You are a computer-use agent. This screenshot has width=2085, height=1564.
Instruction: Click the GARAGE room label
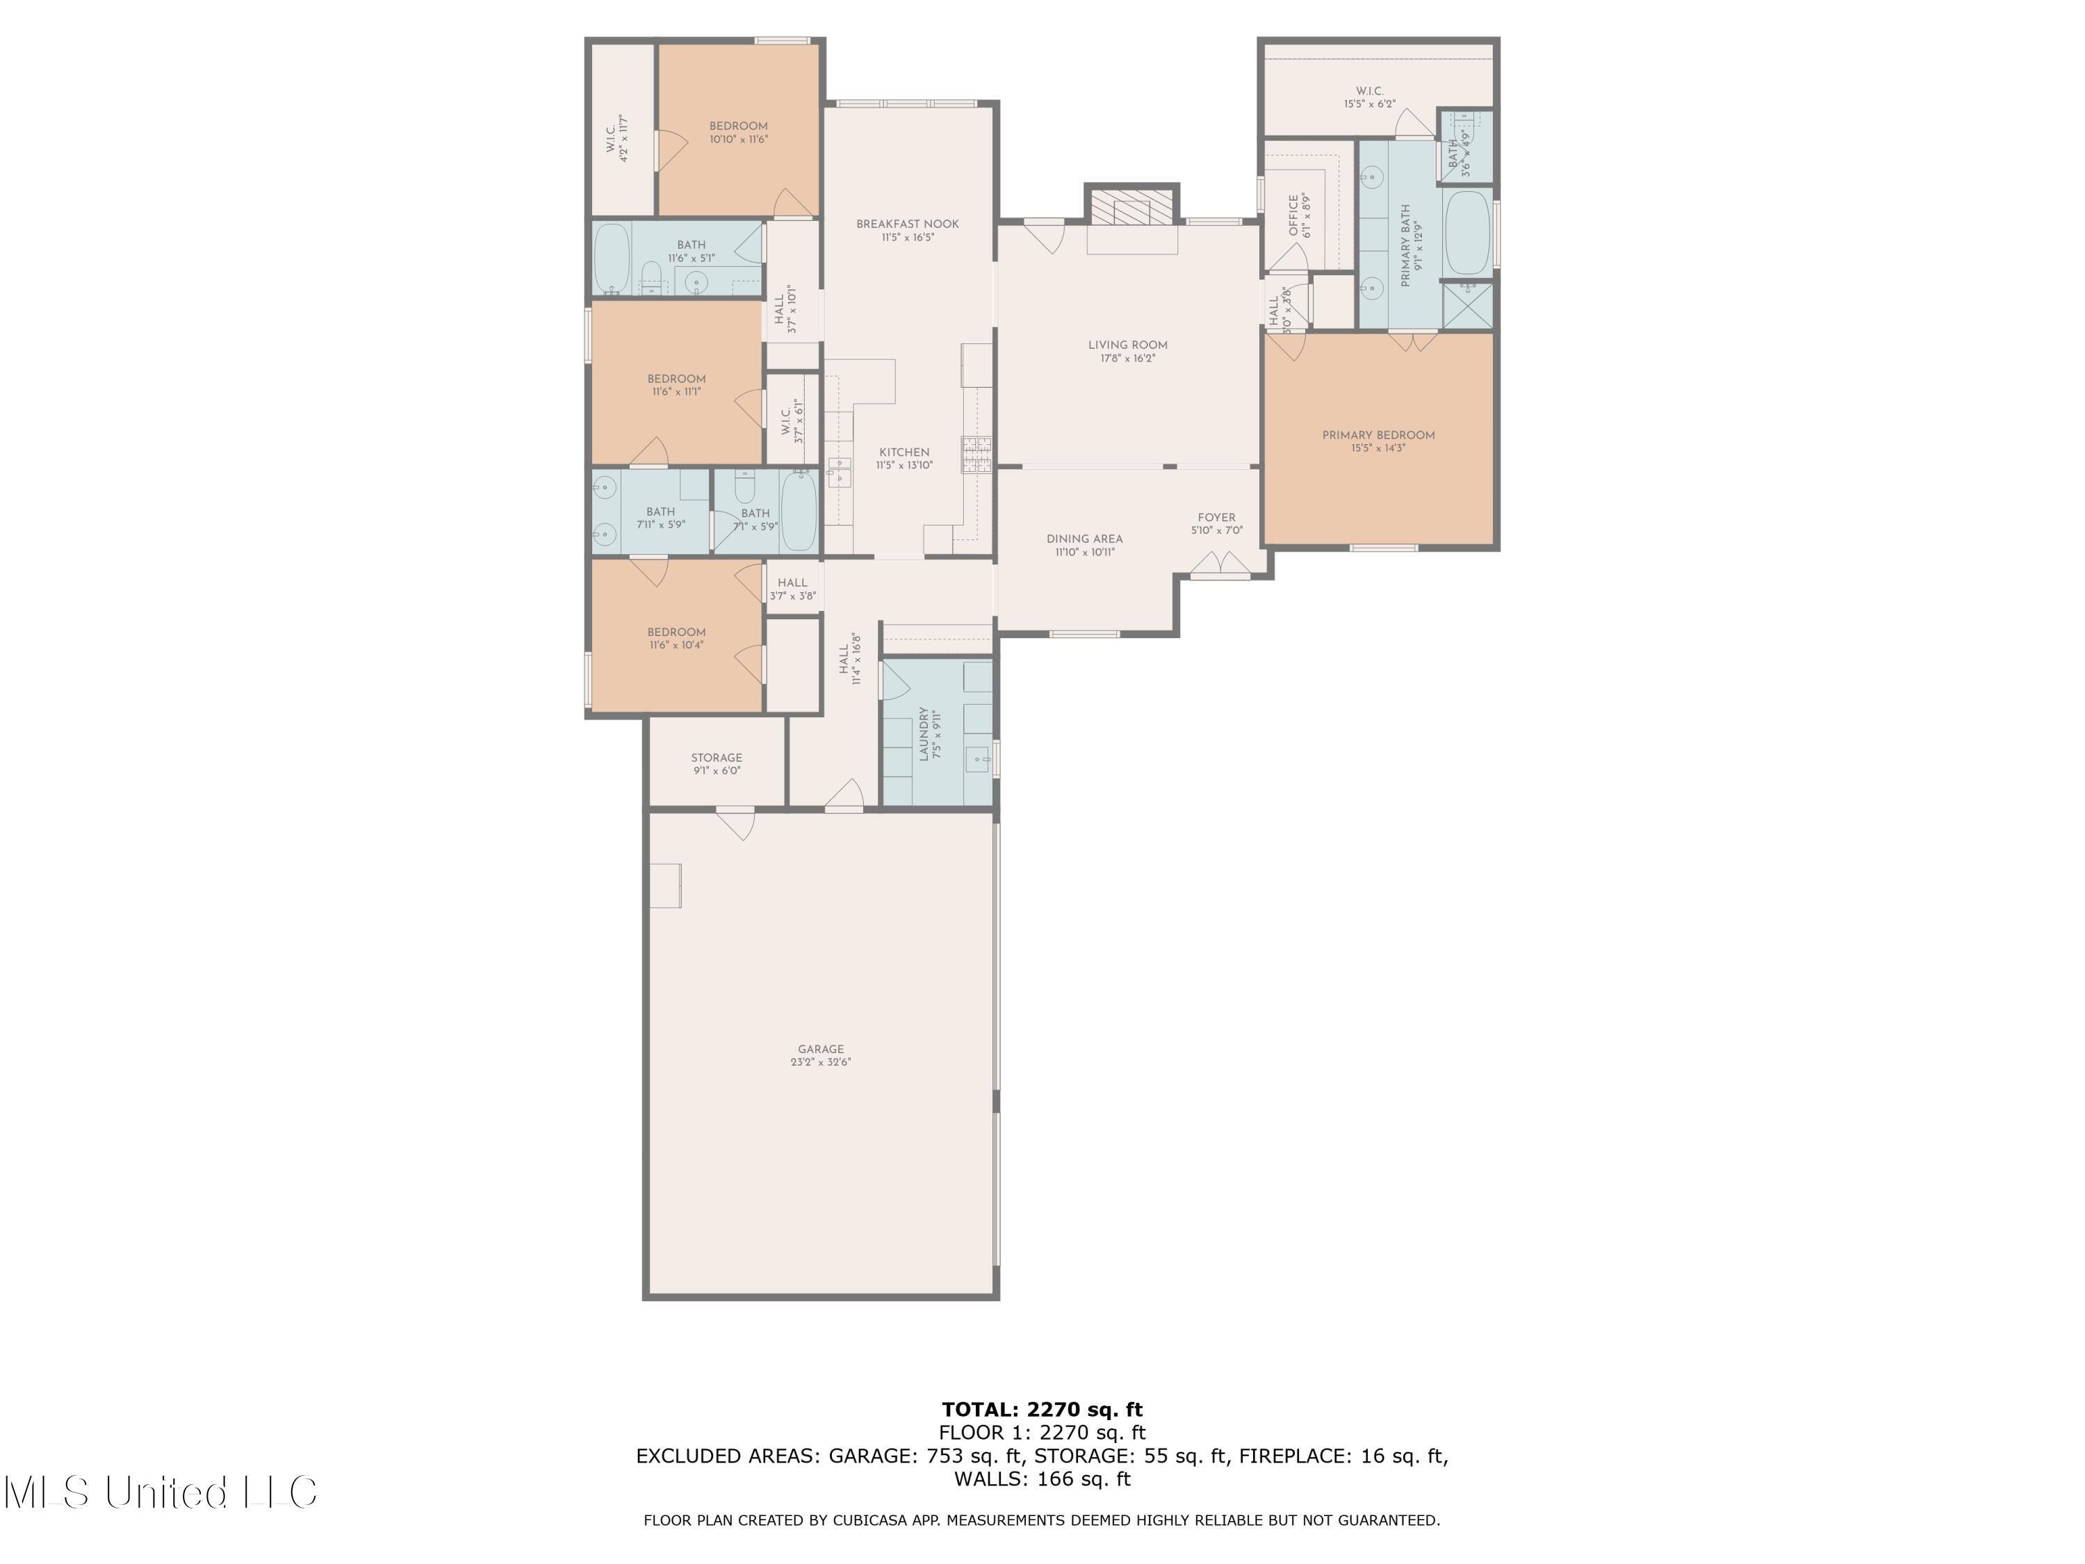(820, 1048)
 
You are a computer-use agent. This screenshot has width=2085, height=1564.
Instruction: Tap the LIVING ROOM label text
(1127, 345)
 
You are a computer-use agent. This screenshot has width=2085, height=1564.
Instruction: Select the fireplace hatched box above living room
(1131, 206)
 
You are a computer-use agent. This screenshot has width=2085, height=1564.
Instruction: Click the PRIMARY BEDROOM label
(1378, 436)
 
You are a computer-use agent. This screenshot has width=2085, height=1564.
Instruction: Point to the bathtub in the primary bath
(1466, 232)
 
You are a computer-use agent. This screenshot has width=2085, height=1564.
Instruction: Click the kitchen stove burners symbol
(976, 455)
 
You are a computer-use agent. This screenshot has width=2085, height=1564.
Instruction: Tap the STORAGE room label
(717, 758)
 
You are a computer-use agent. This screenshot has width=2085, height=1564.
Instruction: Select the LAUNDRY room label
(924, 733)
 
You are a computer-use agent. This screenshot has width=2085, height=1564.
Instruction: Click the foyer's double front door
(1220, 564)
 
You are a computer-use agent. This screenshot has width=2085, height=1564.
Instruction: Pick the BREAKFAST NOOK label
(907, 225)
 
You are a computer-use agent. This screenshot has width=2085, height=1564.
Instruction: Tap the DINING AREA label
(1084, 539)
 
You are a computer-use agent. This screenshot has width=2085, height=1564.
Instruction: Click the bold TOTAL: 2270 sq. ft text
(1042, 1410)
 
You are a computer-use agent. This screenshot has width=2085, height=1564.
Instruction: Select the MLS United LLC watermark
(161, 1492)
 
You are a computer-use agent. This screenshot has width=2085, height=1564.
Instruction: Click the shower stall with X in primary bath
(1468, 304)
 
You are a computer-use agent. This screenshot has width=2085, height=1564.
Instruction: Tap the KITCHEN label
(904, 453)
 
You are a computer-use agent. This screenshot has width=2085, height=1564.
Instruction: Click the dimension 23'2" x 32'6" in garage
(820, 1062)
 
